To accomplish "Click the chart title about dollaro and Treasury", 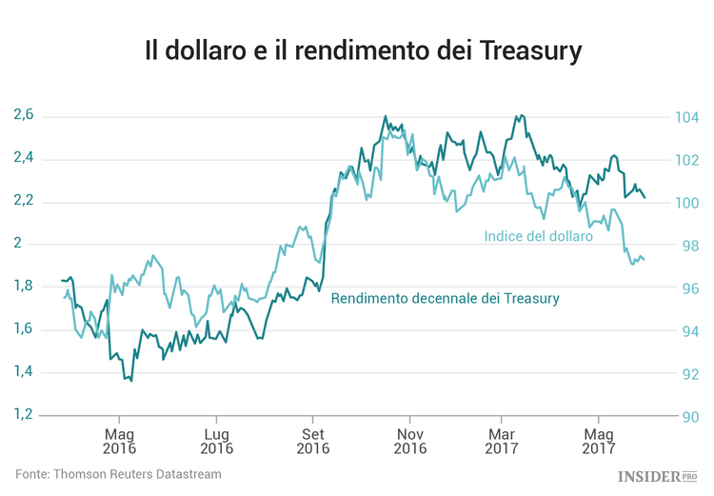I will pos(363,50).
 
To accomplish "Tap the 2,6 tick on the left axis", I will pos(24,115).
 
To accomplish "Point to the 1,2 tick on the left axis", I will pos(24,415).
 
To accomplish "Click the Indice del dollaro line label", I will pos(538,236).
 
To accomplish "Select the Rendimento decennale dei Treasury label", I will pos(445,299).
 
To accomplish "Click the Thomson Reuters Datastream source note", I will pos(118,473).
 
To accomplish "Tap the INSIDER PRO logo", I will pos(658,475).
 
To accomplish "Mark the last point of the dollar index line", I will pos(645,260).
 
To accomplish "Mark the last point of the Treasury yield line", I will pos(645,198).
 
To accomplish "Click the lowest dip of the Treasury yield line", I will pos(130,380).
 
